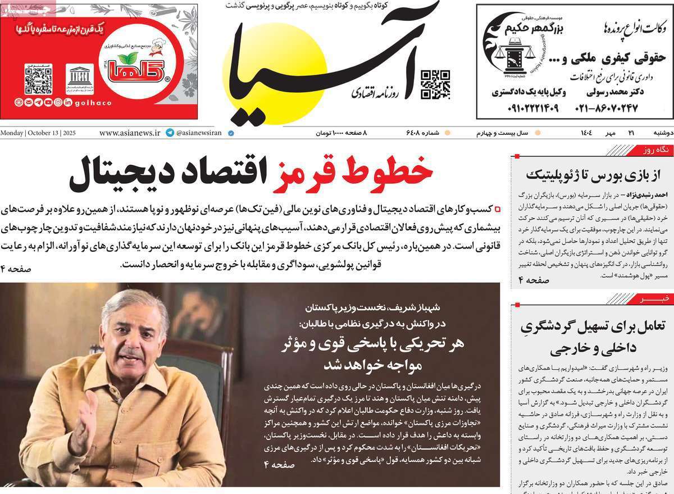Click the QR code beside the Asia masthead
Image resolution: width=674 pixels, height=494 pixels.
pyautogui.click(x=435, y=84)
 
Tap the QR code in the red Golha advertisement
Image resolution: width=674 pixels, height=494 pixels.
pyautogui.click(x=38, y=79)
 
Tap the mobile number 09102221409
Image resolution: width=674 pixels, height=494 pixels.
pyautogui.click(x=525, y=108)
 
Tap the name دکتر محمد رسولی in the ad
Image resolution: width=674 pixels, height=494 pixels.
pyautogui.click(x=607, y=91)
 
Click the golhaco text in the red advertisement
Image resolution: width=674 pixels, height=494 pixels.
pyautogui.click(x=93, y=103)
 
